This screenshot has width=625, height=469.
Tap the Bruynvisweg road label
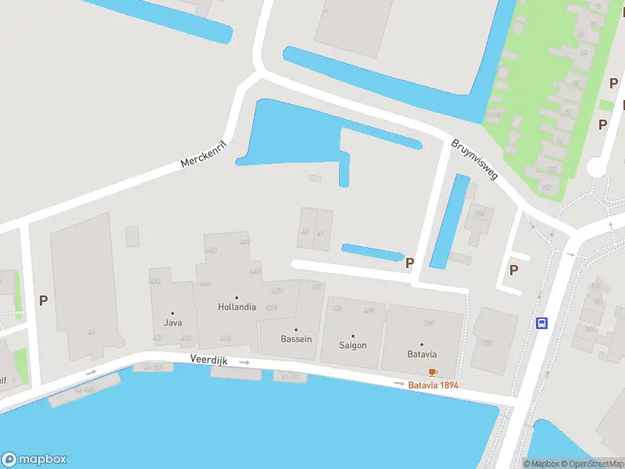(474, 161)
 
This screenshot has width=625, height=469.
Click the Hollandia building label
(237, 307)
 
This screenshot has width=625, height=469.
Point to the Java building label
(173, 322)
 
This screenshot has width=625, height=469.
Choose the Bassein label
(296, 339)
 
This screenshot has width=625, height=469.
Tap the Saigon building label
(352, 345)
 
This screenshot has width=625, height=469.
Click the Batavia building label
(421, 354)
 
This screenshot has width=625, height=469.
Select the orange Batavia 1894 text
(433, 385)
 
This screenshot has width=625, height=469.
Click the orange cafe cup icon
(433, 372)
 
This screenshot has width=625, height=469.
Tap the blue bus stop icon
(541, 323)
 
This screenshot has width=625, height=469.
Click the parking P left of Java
(44, 299)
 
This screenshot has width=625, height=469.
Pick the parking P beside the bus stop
(513, 270)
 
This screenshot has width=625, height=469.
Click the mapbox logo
(34, 460)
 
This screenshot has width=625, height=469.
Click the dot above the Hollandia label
(237, 297)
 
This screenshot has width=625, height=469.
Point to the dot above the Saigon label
(352, 335)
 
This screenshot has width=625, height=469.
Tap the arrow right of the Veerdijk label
(245, 363)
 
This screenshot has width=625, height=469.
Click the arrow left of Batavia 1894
(400, 384)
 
